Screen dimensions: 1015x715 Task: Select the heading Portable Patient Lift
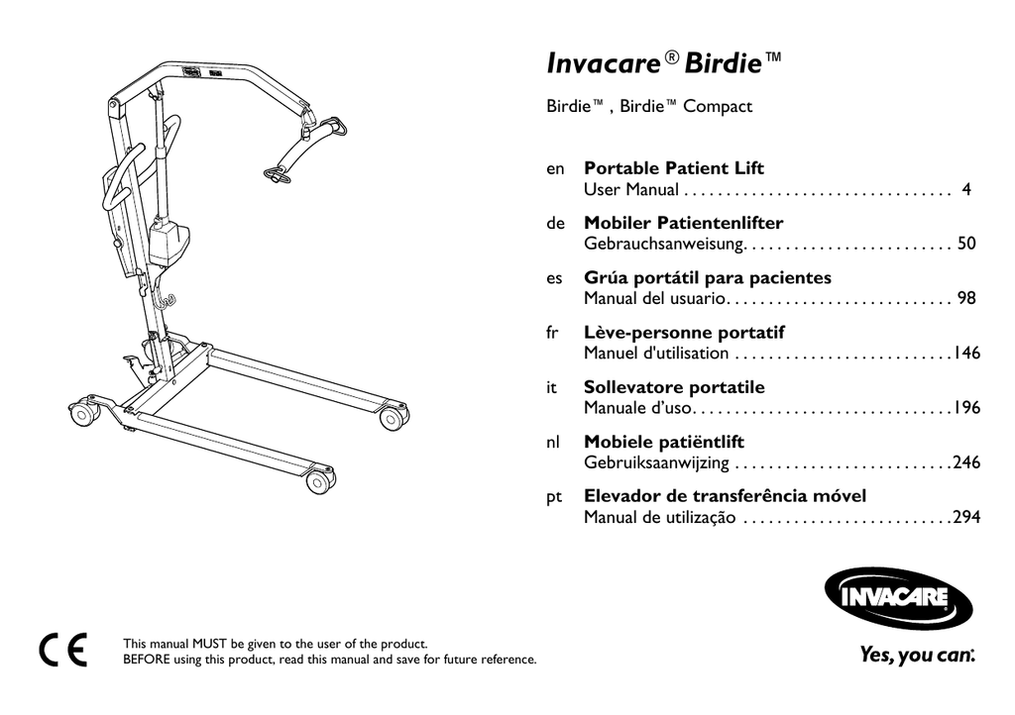[x=674, y=168]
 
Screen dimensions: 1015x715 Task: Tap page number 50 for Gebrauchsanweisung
[x=966, y=244]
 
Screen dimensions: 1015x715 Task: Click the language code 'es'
[x=554, y=278]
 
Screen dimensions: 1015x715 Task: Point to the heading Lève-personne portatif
[x=684, y=333]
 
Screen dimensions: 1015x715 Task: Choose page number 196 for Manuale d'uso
[x=966, y=408]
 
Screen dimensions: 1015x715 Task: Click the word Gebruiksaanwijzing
[x=656, y=462]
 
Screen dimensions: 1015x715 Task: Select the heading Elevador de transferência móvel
[x=725, y=496]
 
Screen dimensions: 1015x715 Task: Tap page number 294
[x=966, y=517]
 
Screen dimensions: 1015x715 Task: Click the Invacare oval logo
[x=898, y=597]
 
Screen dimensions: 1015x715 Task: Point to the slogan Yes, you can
[x=917, y=655]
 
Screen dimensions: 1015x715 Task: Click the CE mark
[x=62, y=650]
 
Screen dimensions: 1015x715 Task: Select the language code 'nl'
[x=553, y=443]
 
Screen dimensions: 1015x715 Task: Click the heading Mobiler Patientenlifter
[x=684, y=223]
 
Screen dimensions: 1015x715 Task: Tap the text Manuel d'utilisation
[x=656, y=353]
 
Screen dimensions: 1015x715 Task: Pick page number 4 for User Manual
[x=966, y=189]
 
